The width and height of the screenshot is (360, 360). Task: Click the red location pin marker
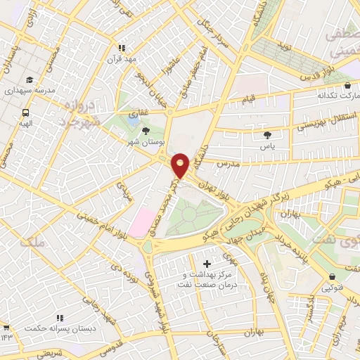181,165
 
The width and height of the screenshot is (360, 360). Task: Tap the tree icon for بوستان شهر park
146,131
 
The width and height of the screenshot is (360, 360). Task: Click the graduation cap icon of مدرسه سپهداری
30,80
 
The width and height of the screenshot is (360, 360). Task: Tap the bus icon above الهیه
26,112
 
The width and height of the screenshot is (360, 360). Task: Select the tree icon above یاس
266,135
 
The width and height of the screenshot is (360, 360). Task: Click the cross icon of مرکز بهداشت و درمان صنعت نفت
205,264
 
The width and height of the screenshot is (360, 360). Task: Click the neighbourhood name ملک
32,243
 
